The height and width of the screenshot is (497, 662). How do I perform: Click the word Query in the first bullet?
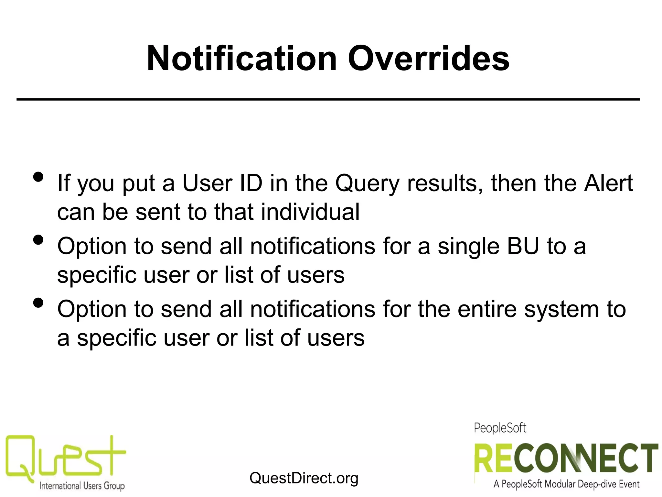pyautogui.click(x=367, y=184)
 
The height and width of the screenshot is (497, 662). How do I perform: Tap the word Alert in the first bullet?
pyautogui.click(x=608, y=183)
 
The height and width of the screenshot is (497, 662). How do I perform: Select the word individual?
pyautogui.click(x=310, y=212)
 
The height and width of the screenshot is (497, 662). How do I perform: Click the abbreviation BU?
pyautogui.click(x=523, y=246)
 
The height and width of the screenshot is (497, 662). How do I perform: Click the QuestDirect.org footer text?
pyautogui.click(x=304, y=478)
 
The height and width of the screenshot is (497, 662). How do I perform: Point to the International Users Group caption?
pyautogui.click(x=82, y=486)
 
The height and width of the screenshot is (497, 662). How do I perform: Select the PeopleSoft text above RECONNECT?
pyautogui.click(x=500, y=428)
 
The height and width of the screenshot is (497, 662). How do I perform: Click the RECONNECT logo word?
pyautogui.click(x=566, y=458)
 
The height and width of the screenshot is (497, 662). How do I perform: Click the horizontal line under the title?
pyautogui.click(x=328, y=99)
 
